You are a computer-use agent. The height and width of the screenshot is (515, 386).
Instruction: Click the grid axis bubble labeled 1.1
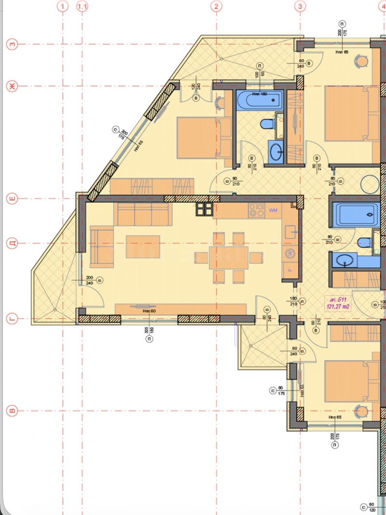[83, 6]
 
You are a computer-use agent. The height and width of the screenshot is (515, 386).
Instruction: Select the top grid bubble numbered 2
[217, 6]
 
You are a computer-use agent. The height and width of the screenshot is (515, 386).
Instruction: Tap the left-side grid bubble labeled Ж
[12, 86]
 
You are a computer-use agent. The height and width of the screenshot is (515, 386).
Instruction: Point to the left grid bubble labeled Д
[12, 243]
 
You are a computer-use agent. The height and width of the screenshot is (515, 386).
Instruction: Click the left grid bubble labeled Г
[12, 318]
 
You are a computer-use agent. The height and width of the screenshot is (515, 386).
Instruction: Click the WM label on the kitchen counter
[273, 210]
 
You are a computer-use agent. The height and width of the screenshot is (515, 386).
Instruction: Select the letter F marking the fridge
[290, 270]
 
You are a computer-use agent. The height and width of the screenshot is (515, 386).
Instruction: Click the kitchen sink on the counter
[290, 233]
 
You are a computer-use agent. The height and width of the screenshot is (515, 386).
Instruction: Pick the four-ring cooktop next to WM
[256, 210]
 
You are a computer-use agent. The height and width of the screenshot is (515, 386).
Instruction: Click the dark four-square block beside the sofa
[204, 209]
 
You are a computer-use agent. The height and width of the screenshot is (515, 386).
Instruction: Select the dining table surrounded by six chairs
[229, 257]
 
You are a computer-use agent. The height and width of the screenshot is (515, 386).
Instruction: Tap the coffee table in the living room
[143, 246]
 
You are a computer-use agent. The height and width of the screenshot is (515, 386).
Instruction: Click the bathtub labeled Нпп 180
[259, 101]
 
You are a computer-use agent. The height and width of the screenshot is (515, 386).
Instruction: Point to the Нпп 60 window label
[149, 311]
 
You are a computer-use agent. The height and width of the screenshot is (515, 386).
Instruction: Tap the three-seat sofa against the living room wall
[142, 214]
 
